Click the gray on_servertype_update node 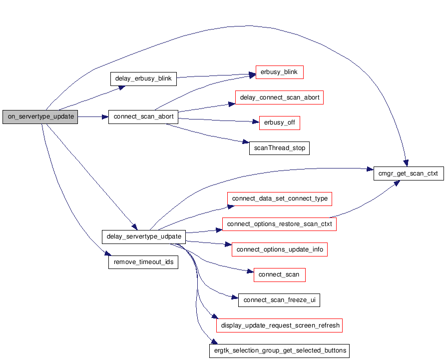click(x=40, y=117)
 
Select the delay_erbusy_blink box click(x=143, y=79)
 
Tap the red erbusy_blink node click(x=280, y=72)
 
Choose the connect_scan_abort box click(x=143, y=117)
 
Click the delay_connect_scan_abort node click(x=279, y=97)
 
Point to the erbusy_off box click(x=280, y=123)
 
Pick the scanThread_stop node click(x=279, y=148)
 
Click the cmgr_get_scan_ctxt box click(x=409, y=173)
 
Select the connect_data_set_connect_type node click(x=280, y=199)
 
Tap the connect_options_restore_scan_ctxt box click(x=279, y=224)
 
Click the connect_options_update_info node click(x=280, y=249)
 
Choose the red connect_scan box click(x=280, y=275)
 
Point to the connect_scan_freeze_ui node click(x=279, y=300)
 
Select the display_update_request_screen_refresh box click(x=279, y=325)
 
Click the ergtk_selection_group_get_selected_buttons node click(x=279, y=351)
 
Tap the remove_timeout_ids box click(x=143, y=262)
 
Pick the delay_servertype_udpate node click(x=144, y=237)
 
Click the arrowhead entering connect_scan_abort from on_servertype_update click(x=105, y=117)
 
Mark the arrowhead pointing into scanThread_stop click(x=246, y=142)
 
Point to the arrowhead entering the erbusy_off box click(x=256, y=122)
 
